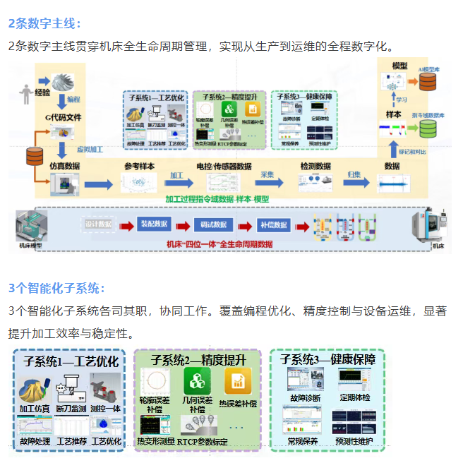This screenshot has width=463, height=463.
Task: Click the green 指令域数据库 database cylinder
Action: (x=428, y=128)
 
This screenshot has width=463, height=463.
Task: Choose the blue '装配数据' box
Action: (x=155, y=224)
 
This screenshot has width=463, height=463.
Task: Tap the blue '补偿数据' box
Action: (x=271, y=224)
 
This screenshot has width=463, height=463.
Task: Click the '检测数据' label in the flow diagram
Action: (x=315, y=166)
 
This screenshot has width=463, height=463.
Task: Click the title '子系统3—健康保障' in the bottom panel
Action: (x=327, y=360)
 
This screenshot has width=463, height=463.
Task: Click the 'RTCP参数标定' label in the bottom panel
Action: (x=202, y=442)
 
